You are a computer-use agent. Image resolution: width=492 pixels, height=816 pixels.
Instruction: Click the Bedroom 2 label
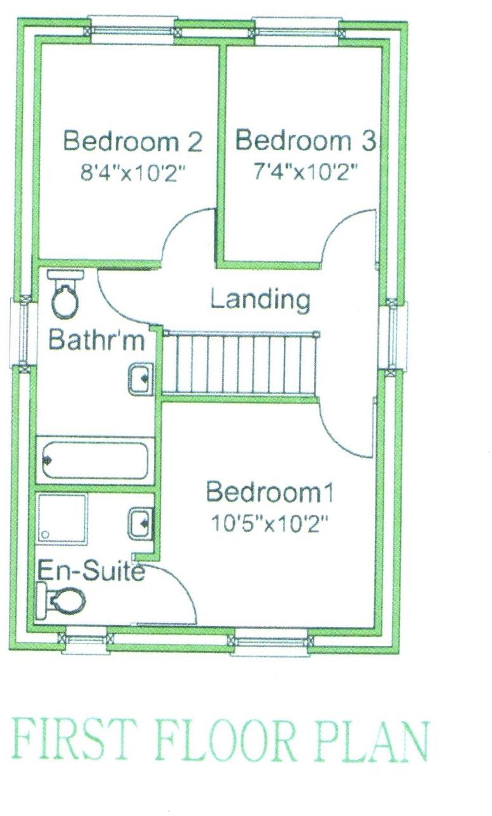133,141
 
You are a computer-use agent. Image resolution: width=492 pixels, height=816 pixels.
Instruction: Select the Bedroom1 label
270,492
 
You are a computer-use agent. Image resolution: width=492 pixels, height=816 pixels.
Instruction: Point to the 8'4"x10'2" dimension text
136,173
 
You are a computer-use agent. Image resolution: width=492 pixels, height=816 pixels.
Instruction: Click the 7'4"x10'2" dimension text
304,172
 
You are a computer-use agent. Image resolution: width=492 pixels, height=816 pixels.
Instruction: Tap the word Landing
260,299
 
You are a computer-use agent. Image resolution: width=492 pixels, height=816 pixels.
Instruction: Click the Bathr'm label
97,340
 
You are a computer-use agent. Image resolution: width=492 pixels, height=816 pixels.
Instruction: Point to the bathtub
95,460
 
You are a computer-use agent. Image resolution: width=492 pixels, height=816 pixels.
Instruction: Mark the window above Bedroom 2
132,30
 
